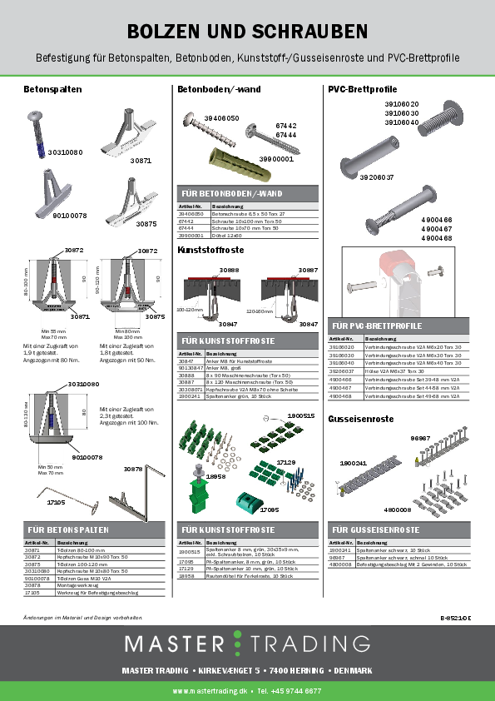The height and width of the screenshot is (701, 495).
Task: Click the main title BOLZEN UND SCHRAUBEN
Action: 247,32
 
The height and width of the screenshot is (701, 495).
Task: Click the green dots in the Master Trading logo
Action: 238,644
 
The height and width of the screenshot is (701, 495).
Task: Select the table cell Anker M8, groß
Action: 218,367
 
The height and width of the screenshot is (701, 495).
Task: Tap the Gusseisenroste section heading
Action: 360,418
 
